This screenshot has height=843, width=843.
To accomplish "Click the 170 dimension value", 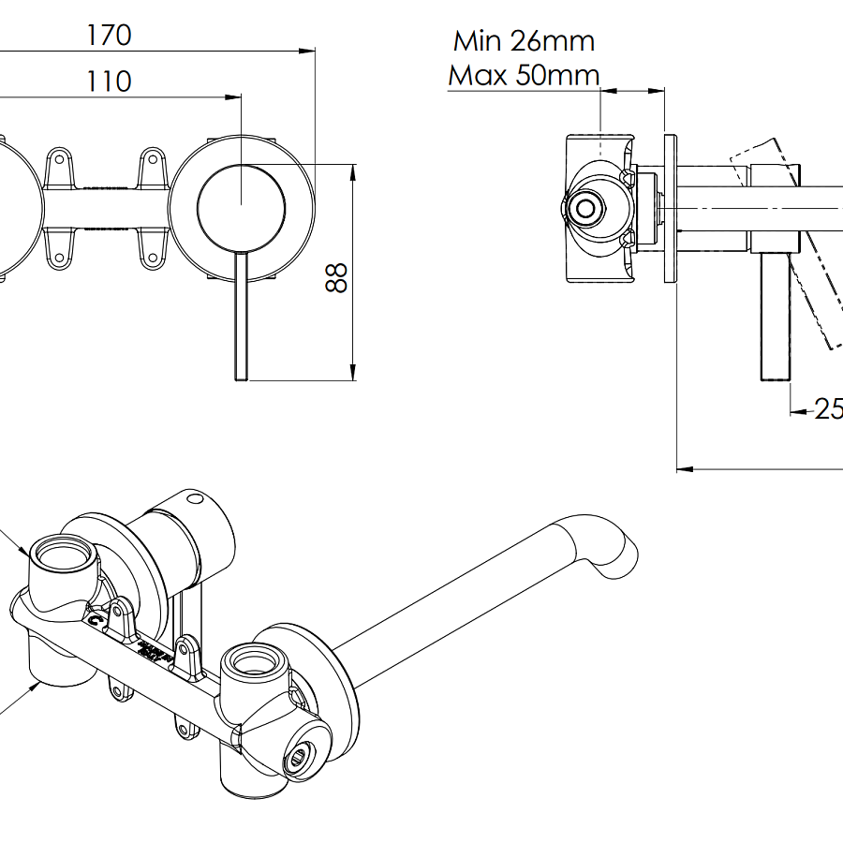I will [x=109, y=37].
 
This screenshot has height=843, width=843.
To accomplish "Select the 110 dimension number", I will [x=109, y=81].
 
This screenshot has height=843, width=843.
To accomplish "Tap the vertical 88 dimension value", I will [x=336, y=277].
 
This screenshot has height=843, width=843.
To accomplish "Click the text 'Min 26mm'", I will [x=524, y=41].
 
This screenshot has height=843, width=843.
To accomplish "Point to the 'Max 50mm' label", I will [x=524, y=75].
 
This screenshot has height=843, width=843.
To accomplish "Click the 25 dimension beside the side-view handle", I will [x=827, y=409].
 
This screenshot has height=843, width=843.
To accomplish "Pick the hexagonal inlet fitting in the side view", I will [x=587, y=208].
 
